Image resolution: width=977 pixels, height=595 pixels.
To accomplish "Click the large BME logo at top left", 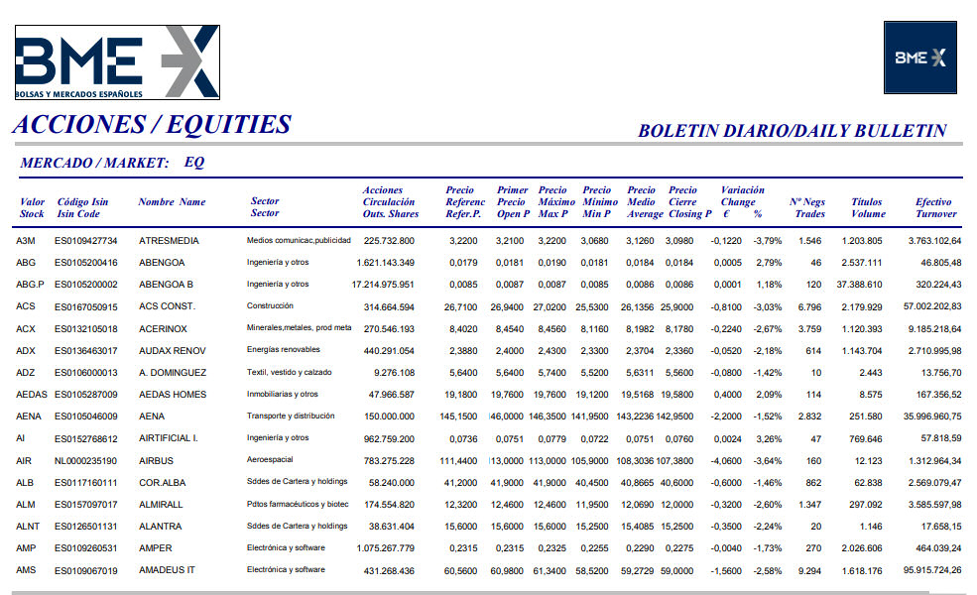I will pos(116,61).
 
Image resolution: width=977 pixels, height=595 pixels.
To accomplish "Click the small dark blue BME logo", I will pos(920,58).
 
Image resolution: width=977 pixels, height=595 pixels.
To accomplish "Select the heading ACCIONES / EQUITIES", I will pos(152,125).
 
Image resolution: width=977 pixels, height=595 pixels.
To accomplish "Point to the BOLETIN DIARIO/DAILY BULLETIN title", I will pos(792,130).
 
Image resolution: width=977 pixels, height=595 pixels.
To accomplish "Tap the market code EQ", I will pos(194,163).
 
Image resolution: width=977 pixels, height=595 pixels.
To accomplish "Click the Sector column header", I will pos(265,207).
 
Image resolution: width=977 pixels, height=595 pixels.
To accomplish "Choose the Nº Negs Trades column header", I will pos(809,207).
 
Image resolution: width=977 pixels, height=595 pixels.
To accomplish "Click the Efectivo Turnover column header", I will pos(934,207).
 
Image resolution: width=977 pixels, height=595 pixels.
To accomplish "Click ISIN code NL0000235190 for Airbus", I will pos(85,460).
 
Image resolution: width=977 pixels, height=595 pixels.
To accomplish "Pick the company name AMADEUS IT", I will pos(167,570).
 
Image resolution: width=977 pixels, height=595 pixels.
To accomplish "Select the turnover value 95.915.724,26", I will pos(932,570).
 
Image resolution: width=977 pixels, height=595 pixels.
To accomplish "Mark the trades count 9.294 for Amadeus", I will pos(809,570).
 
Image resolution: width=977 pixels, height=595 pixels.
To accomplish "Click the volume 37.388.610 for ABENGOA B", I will pos(859,285).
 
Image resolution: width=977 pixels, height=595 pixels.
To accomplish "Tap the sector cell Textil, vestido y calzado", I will pos(291,372).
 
